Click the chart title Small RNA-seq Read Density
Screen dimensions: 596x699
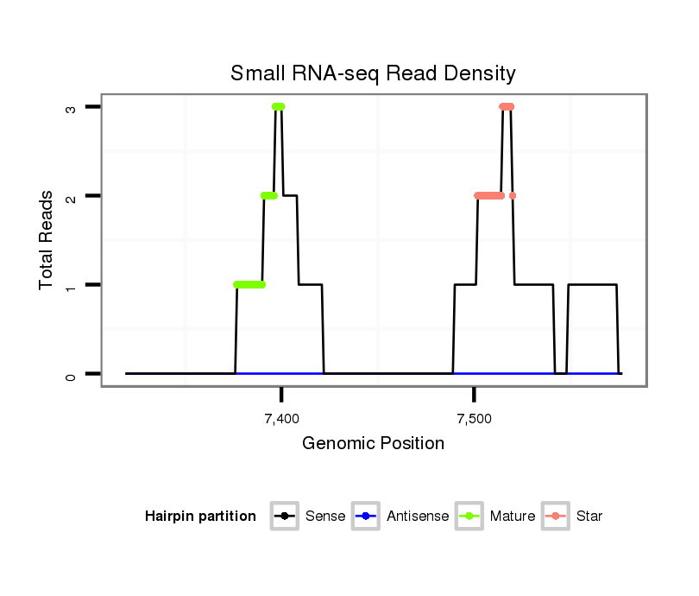[373, 73]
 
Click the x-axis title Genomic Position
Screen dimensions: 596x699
[373, 444]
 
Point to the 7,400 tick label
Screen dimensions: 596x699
[281, 419]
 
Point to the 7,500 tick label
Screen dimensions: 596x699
[474, 419]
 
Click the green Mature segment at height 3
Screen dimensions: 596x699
[278, 106]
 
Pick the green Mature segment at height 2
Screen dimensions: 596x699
[269, 196]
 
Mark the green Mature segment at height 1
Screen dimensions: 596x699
[249, 285]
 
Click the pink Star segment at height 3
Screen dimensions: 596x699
[507, 106]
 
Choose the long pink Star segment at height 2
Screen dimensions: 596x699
[490, 196]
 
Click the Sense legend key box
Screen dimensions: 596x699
[285, 517]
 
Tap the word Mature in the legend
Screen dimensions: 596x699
[513, 517]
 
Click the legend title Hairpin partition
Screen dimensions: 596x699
[200, 517]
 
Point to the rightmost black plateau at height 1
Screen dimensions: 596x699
[592, 285]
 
